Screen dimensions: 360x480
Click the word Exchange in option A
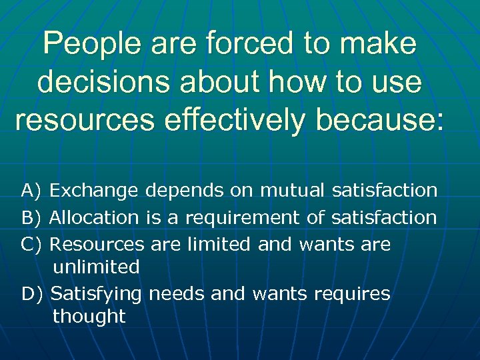coord(94,191)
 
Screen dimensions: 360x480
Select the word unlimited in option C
coord(96,267)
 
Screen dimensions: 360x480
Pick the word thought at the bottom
coord(89,317)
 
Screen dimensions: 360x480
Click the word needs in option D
coord(177,293)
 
